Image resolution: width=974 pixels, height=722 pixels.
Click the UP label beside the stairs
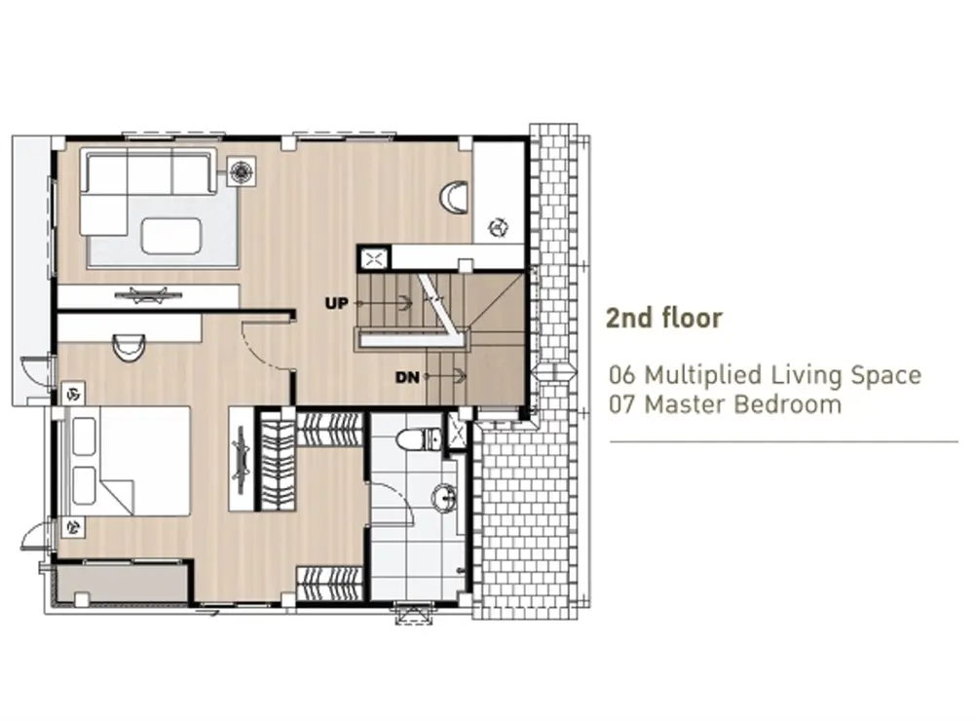click(337, 303)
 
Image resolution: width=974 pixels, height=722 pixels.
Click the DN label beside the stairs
click(407, 376)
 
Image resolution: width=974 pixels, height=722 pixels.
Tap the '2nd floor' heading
click(664, 318)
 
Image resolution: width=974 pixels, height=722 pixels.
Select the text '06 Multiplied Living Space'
click(765, 375)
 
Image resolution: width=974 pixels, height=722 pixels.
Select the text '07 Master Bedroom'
click(725, 404)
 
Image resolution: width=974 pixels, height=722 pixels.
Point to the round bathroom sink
click(445, 497)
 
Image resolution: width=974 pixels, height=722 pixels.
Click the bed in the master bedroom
click(128, 461)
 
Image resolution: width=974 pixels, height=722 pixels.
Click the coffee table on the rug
click(171, 236)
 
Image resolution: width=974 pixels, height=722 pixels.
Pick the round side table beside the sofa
click(242, 171)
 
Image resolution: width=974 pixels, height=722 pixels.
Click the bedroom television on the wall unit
click(240, 460)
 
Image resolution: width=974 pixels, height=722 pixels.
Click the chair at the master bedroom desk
click(129, 347)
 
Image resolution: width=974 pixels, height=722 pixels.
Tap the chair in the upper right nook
click(454, 198)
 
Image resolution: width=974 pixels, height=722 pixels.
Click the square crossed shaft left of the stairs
click(373, 258)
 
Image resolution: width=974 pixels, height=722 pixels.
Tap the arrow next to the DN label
click(445, 376)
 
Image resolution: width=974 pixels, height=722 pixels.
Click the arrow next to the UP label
click(383, 303)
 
